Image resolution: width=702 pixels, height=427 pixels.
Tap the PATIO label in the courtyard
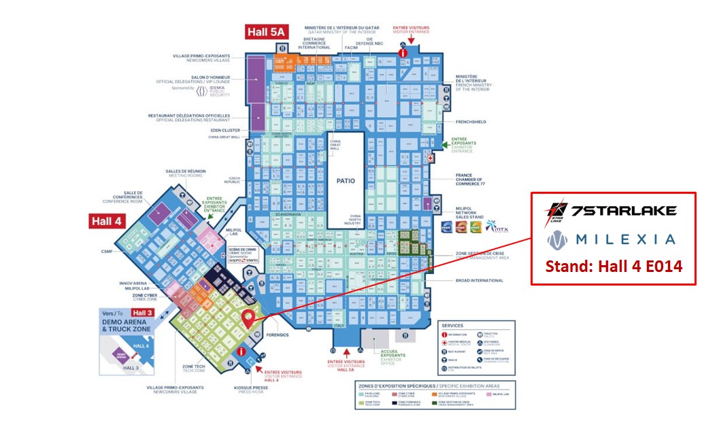click(346, 181)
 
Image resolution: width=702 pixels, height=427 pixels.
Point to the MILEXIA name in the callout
click(612, 239)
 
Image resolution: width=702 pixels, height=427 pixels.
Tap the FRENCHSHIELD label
click(471, 122)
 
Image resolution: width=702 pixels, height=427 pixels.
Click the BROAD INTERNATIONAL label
click(479, 280)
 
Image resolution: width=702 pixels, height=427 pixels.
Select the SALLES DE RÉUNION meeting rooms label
click(183, 173)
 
